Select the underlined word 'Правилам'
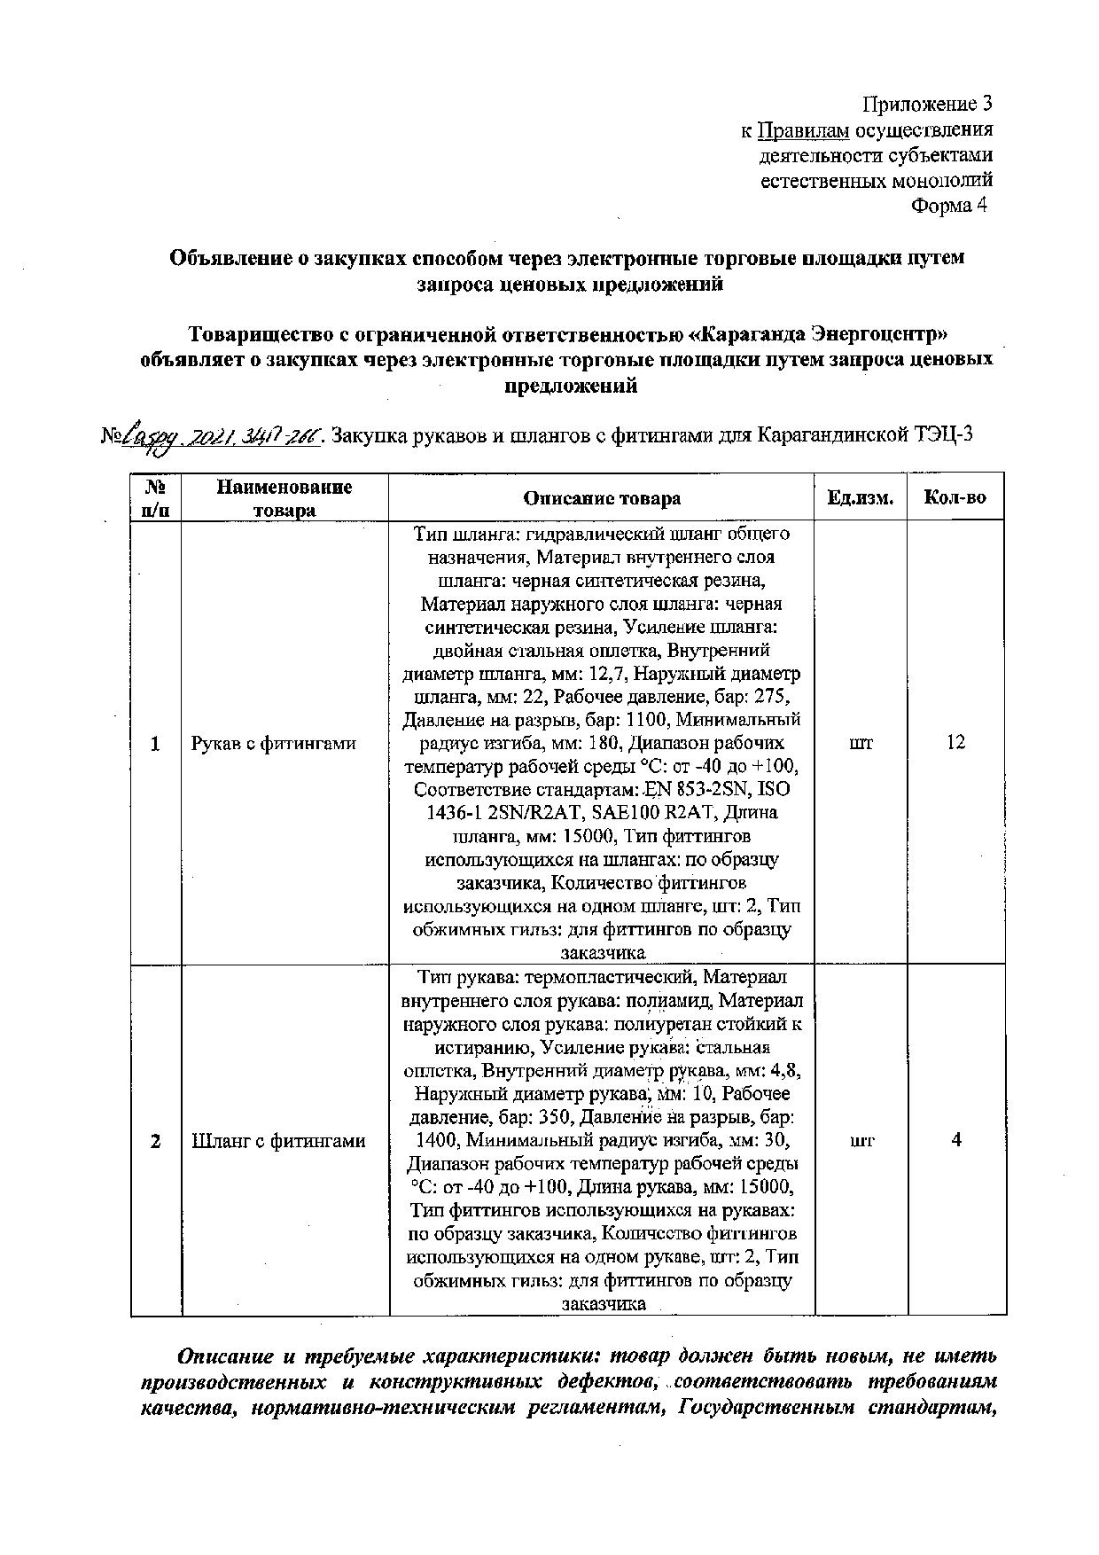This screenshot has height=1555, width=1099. [804, 131]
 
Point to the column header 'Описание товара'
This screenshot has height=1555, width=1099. [602, 498]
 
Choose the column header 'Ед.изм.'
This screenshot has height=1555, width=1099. [861, 498]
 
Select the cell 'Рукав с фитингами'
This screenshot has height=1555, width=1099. [273, 744]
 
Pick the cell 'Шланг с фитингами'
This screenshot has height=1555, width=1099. [278, 1141]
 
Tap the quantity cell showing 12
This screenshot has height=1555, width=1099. [955, 743]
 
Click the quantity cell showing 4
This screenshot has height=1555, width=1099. [956, 1140]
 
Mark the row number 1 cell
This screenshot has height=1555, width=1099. [155, 744]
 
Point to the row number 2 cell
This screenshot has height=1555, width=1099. [155, 1141]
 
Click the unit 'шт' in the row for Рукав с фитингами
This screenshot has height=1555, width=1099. [861, 743]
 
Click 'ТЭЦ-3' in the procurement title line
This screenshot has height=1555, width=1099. [945, 435]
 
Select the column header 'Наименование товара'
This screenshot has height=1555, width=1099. [284, 498]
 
